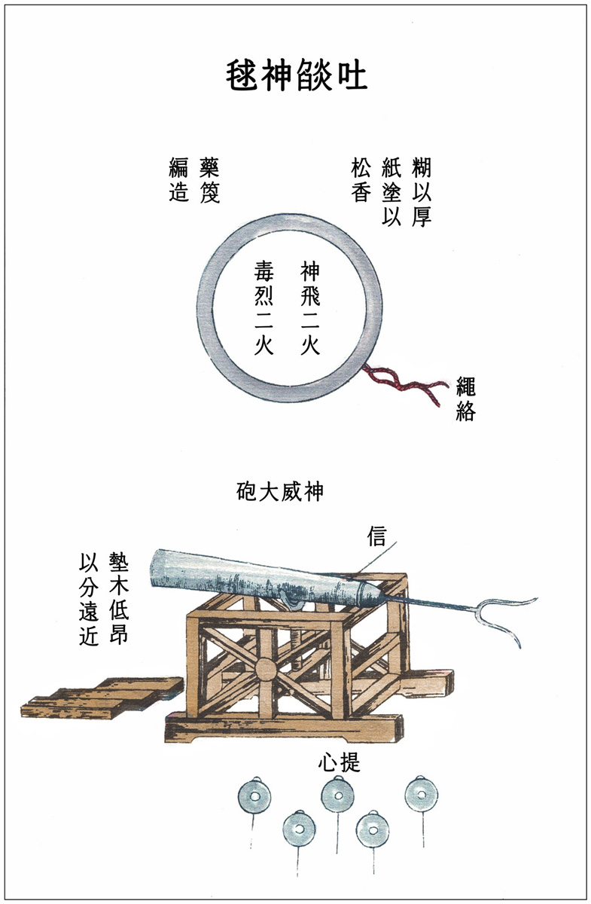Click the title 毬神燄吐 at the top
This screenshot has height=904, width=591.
pyautogui.click(x=297, y=75)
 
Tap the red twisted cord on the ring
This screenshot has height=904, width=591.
pyautogui.click(x=406, y=383)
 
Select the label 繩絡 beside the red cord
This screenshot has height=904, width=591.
pyautogui.click(x=465, y=399)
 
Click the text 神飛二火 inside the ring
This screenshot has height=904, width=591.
pyautogui.click(x=310, y=307)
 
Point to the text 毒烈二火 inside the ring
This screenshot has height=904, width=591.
pyautogui.click(x=264, y=307)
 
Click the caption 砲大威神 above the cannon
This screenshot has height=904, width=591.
pyautogui.click(x=279, y=491)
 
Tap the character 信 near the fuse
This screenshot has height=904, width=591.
pyautogui.click(x=376, y=536)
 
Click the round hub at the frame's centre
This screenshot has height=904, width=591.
pyautogui.click(x=266, y=670)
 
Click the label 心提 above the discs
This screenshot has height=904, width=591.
pyautogui.click(x=339, y=762)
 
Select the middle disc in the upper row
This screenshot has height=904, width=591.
pyautogui.click(x=338, y=796)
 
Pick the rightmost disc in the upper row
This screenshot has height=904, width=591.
pyautogui.click(x=422, y=795)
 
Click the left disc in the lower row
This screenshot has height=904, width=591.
pyautogui.click(x=299, y=829)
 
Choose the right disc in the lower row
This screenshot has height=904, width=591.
pyautogui.click(x=373, y=829)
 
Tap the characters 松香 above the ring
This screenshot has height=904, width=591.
pyautogui.click(x=361, y=180)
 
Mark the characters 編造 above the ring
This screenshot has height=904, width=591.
pyautogui.click(x=178, y=180)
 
